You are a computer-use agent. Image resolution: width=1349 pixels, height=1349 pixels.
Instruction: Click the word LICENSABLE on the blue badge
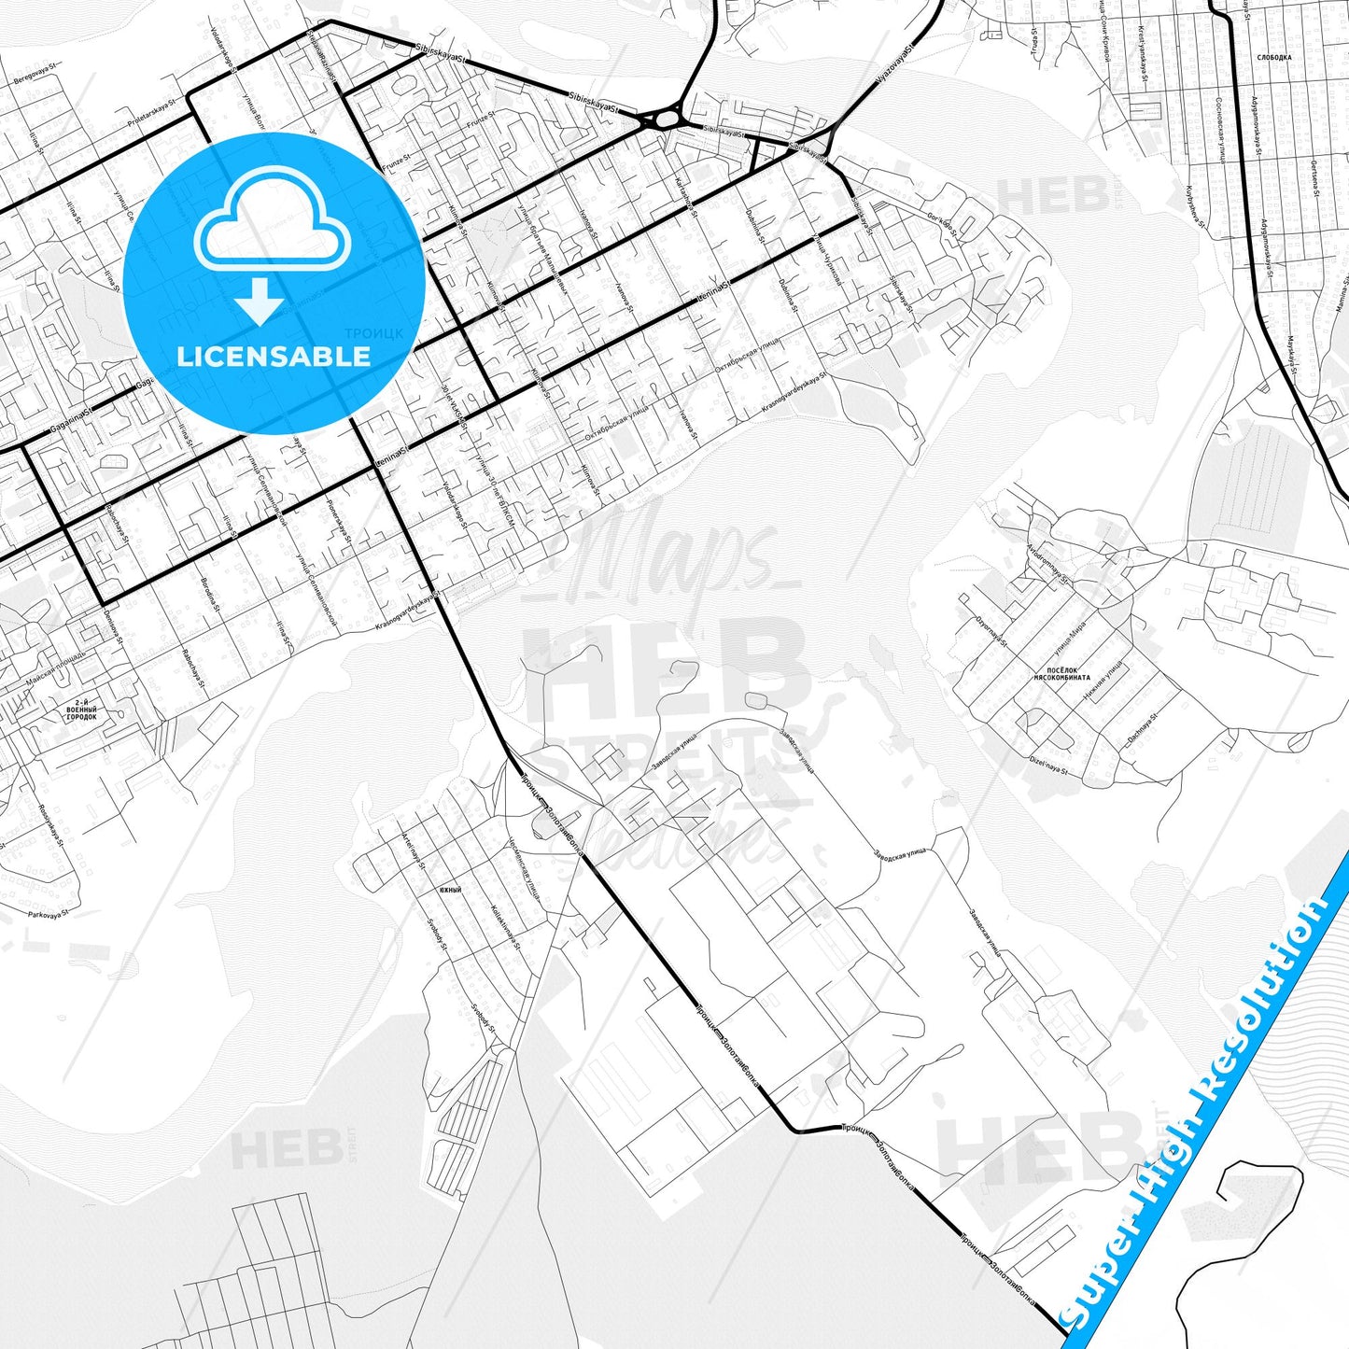274,357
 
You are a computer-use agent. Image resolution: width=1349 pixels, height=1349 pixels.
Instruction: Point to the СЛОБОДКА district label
1274,57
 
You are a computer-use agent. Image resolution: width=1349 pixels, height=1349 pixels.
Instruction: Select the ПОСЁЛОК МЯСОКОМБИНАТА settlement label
1061,675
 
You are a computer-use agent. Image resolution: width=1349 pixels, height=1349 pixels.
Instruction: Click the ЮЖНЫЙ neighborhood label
451,890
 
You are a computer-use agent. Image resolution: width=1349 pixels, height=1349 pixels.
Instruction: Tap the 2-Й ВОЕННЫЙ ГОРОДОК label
82,711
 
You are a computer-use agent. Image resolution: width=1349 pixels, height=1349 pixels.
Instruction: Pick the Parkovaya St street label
49,915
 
